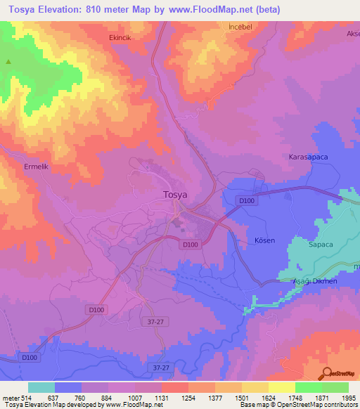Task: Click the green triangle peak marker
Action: [x=9, y=62]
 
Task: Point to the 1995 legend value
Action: [x=348, y=397]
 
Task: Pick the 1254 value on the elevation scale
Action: [x=188, y=397]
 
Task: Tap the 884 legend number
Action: [x=108, y=397]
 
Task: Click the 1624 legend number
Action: [x=268, y=397]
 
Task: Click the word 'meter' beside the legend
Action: [x=9, y=397]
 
